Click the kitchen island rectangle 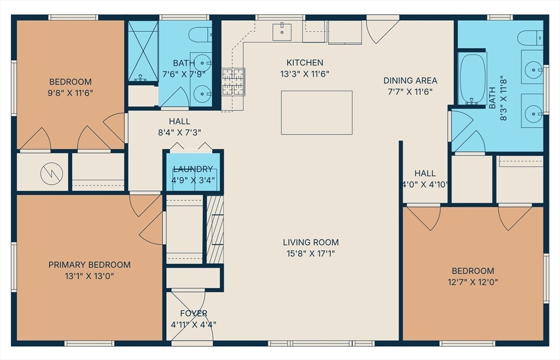pyautogui.click(x=317, y=113)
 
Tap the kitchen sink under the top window pyautogui.click(x=282, y=32)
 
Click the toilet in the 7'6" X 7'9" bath pyautogui.click(x=200, y=34)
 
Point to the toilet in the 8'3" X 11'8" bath pyautogui.click(x=530, y=38)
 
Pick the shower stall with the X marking pyautogui.click(x=143, y=51)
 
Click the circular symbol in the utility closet pyautogui.click(x=51, y=174)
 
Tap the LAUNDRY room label pyautogui.click(x=193, y=169)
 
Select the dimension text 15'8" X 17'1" pyautogui.click(x=311, y=253)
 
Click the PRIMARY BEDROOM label pyautogui.click(x=89, y=265)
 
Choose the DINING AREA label pyautogui.click(x=410, y=80)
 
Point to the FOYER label pyautogui.click(x=194, y=313)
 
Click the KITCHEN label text pyautogui.click(x=305, y=62)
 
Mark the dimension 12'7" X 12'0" pyautogui.click(x=473, y=282)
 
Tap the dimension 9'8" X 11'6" pyautogui.click(x=71, y=93)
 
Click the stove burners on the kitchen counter pyautogui.click(x=234, y=82)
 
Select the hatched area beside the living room pyautogui.click(x=215, y=229)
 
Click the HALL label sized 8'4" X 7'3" pyautogui.click(x=179, y=121)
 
